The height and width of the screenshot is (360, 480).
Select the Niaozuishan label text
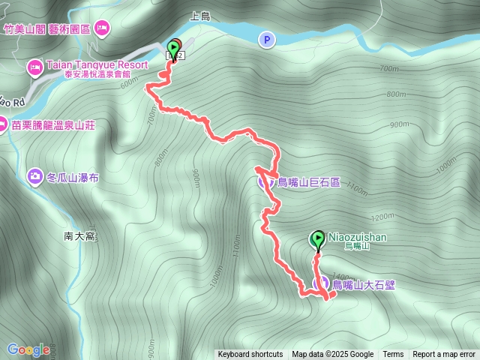(x=357, y=236)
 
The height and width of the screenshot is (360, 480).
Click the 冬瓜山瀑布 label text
(x=73, y=178)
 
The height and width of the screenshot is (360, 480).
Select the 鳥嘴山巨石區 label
(x=309, y=181)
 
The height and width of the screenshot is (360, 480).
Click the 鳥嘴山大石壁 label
(x=364, y=284)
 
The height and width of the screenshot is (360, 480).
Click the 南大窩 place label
(x=79, y=236)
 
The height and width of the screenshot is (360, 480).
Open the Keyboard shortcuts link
(x=250, y=355)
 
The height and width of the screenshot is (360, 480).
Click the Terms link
(x=393, y=355)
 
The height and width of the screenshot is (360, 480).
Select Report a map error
(x=444, y=355)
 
